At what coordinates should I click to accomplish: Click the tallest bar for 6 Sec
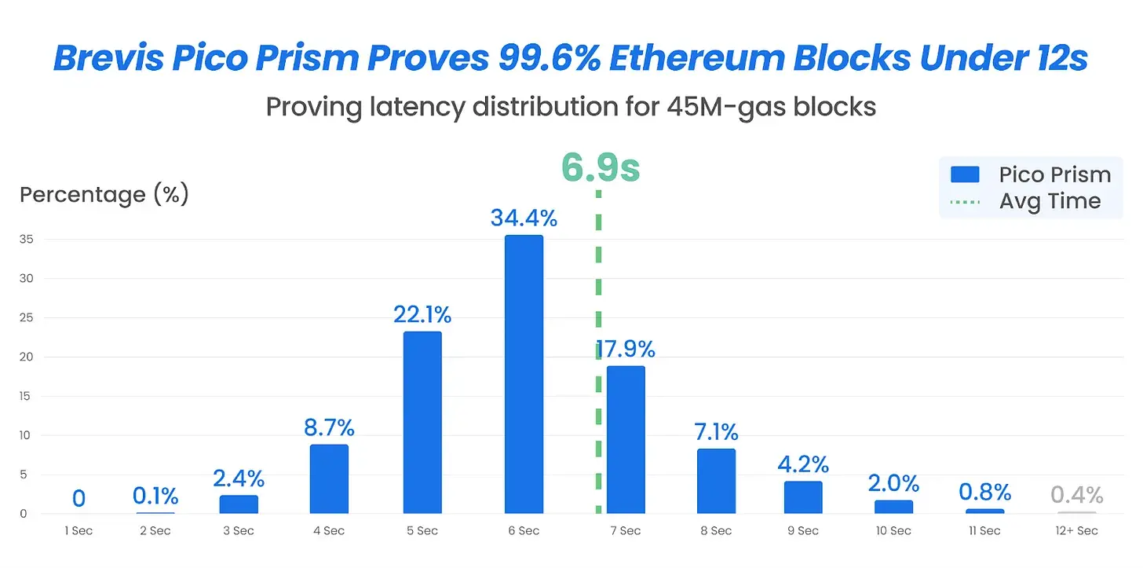point(524,374)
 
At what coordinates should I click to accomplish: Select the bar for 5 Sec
point(422,422)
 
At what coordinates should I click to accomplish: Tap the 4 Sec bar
point(329,478)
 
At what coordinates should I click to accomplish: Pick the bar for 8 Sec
point(716,481)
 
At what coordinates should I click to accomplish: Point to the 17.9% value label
point(626,349)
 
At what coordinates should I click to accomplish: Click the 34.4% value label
point(524,218)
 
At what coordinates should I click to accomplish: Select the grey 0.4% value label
point(1076,495)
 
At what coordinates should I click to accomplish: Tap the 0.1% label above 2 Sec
point(155,496)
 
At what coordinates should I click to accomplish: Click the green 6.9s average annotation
point(601,168)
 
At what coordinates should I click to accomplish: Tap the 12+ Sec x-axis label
point(1076,531)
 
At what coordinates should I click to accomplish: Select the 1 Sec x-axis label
point(79,531)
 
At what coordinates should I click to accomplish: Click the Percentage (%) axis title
point(104,195)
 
